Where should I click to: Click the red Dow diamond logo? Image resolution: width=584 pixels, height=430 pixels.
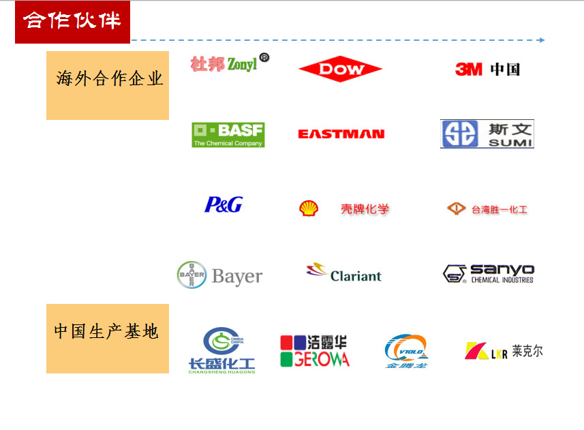pos(340,69)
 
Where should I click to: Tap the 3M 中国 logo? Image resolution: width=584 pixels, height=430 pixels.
pos(487,69)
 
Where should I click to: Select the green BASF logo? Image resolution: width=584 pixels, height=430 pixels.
pos(228,134)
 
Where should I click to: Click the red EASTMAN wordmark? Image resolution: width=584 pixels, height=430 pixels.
pos(341,134)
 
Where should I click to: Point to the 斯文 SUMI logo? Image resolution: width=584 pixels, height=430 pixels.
pos(487,134)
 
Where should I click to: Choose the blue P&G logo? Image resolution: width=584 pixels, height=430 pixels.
pos(223,204)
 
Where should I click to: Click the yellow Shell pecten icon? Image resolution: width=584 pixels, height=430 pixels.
pos(308,209)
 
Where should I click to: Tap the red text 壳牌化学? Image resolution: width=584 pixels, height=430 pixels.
pos(365,209)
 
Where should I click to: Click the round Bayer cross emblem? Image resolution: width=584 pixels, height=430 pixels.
pos(191,275)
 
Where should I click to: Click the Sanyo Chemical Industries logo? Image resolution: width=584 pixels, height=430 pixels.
pos(488,274)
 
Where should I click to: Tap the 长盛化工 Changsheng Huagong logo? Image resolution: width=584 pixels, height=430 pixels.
pos(221,350)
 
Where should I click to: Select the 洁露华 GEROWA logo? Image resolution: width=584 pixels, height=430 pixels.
pos(314,350)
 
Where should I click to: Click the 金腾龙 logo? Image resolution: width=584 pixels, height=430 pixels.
pos(406,351)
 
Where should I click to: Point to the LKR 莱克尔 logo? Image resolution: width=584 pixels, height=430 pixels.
pos(504,351)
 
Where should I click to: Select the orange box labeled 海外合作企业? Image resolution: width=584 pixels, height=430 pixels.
pos(108,85)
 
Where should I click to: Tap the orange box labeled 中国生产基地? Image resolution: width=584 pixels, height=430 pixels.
pos(108,338)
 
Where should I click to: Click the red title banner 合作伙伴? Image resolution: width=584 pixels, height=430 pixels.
pos(72,21)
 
